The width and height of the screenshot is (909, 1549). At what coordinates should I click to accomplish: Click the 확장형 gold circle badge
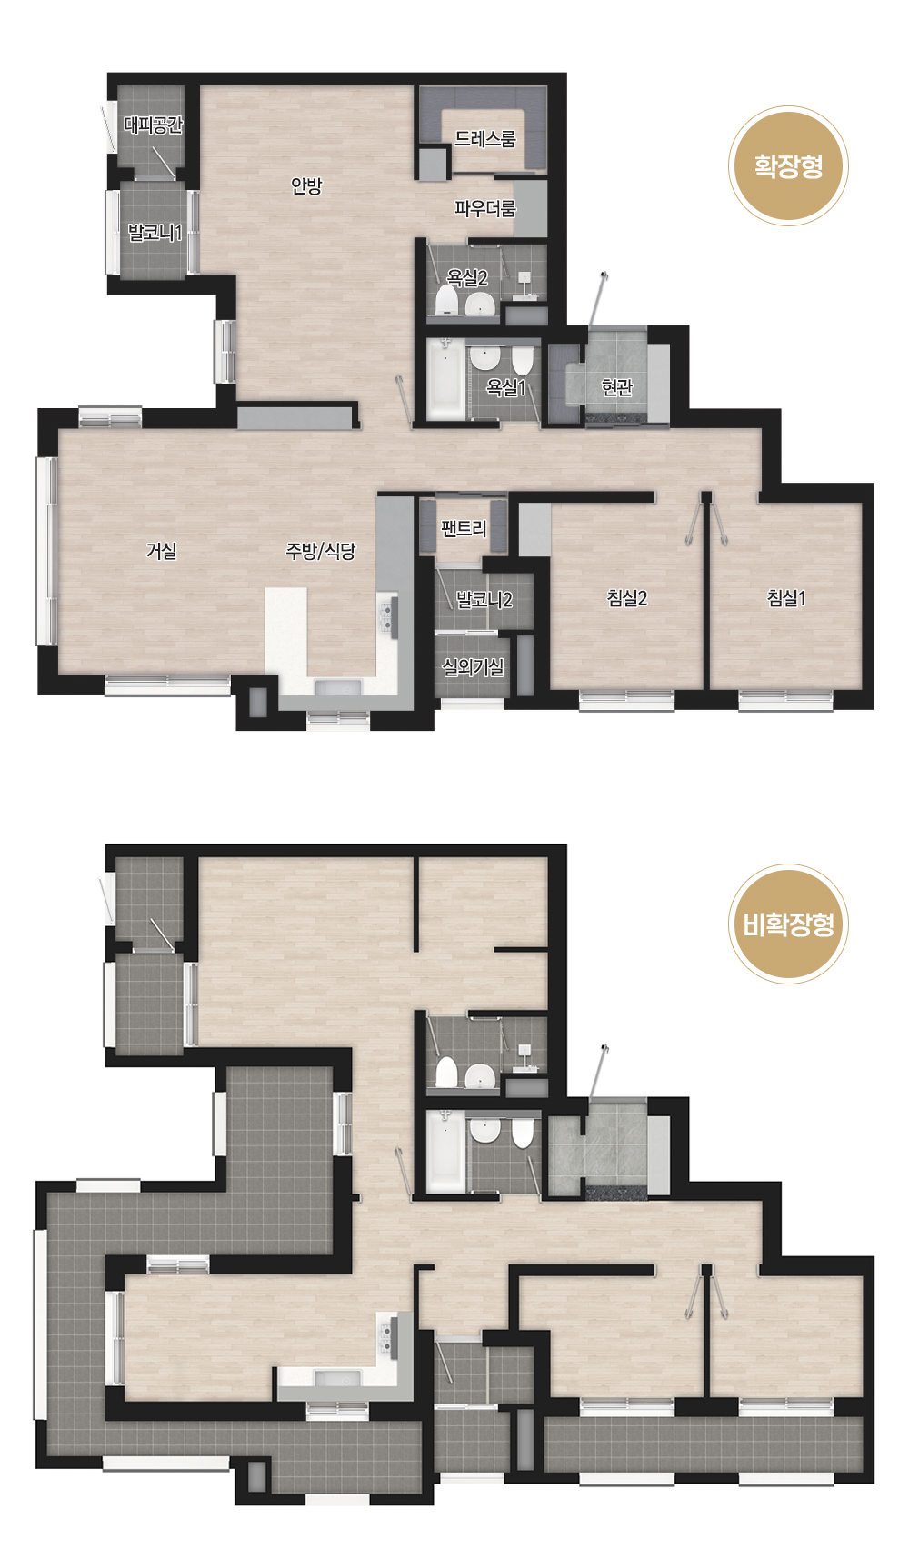(x=788, y=166)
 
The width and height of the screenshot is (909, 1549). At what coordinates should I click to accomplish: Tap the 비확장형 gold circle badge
(x=788, y=924)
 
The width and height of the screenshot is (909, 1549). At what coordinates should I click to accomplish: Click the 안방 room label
(x=306, y=185)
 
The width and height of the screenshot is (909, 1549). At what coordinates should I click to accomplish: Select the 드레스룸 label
(x=485, y=139)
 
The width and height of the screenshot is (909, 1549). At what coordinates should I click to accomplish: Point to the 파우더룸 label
(x=485, y=208)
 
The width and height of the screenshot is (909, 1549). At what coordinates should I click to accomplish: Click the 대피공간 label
(x=154, y=125)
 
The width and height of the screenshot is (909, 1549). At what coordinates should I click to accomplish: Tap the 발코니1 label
(x=155, y=233)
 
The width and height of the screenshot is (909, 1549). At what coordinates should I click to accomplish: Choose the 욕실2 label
(x=467, y=278)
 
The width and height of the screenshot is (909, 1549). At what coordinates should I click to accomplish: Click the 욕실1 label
(x=506, y=387)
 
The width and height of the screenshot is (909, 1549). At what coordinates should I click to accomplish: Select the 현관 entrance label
(x=616, y=387)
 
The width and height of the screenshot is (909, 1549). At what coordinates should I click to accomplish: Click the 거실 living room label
(x=162, y=551)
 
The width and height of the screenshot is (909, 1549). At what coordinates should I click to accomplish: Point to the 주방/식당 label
(x=321, y=551)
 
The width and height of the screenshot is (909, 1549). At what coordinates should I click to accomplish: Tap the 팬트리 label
(x=464, y=529)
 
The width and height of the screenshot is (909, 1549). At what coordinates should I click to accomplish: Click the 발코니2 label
(x=484, y=600)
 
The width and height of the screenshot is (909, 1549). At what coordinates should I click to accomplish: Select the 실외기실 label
(x=473, y=667)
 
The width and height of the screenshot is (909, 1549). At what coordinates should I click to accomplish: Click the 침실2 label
(x=627, y=598)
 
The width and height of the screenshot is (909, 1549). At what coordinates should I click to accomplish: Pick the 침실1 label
(x=786, y=598)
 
